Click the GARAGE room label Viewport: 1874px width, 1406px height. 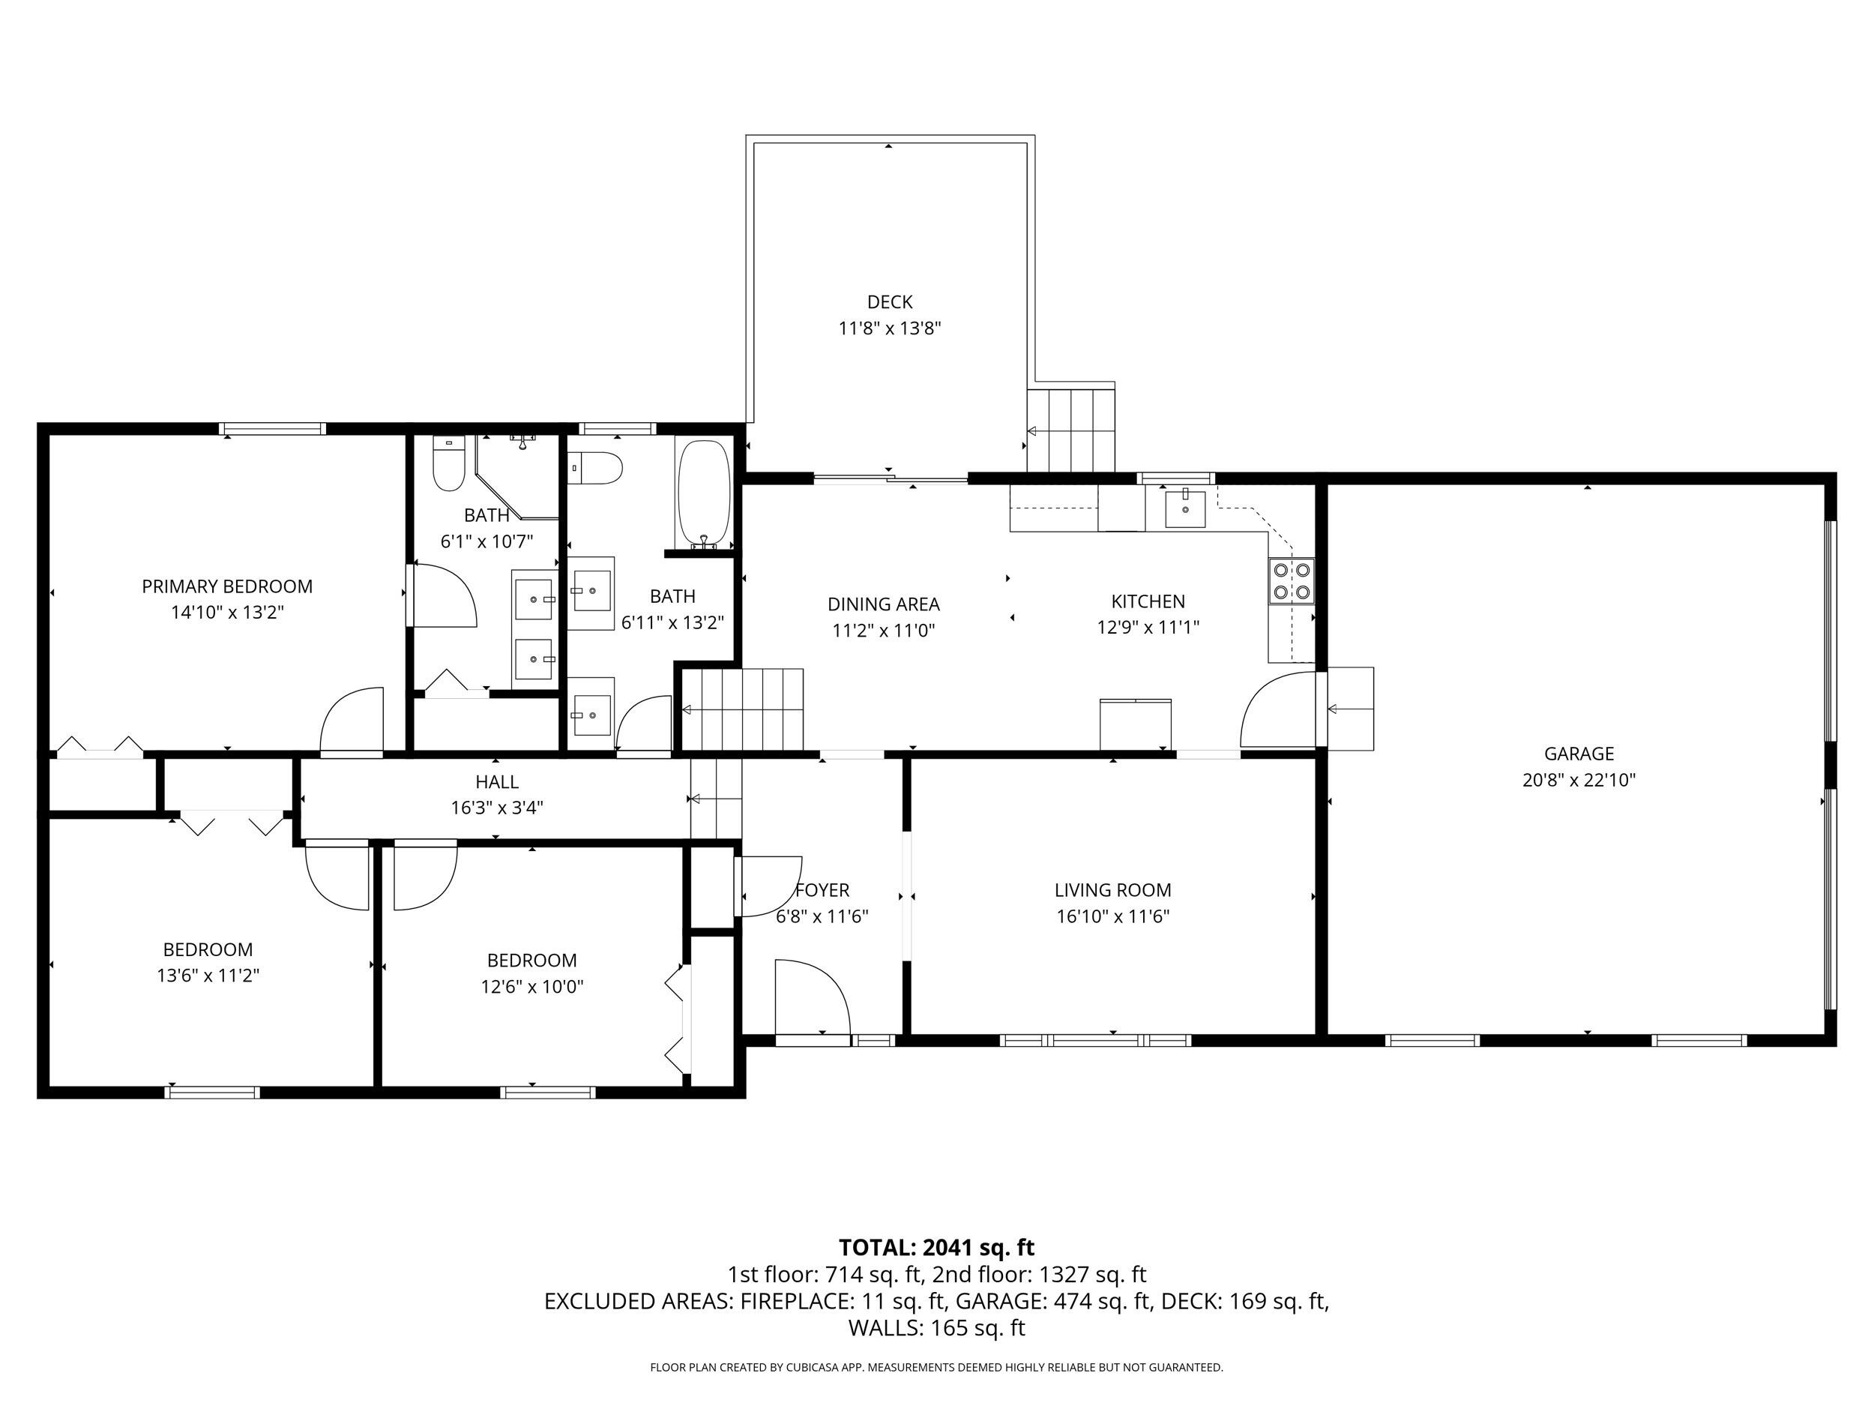pos(1579,754)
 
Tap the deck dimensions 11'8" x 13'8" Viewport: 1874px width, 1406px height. pos(890,328)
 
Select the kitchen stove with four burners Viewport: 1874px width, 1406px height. pos(1291,580)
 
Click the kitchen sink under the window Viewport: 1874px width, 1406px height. pos(1184,508)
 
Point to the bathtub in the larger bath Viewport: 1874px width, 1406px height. pos(703,494)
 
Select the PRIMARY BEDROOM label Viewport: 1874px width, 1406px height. pos(227,586)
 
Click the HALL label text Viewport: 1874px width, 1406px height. pos(496,782)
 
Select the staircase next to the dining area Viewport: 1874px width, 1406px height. pos(743,709)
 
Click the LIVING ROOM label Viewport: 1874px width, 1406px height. pos(1112,890)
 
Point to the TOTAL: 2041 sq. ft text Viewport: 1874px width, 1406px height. pos(936,1248)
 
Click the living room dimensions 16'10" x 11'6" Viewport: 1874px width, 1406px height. pos(1112,916)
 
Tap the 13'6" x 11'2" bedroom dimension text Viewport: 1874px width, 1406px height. pos(208,976)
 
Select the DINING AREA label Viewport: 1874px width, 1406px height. pos(883,604)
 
